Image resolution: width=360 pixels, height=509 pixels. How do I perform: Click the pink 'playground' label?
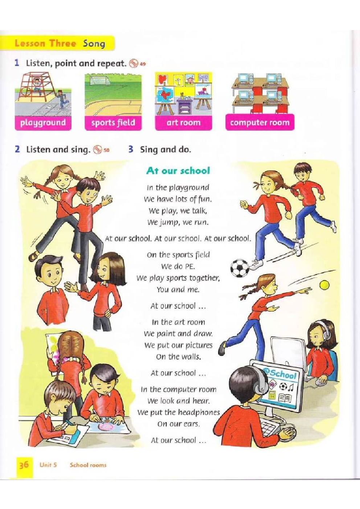pos(43,123)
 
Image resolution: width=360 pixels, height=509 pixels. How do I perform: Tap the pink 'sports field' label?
pos(113,123)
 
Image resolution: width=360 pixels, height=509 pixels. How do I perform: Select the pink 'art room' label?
pos(184,123)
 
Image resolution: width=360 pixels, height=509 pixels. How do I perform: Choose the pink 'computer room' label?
pos(260,123)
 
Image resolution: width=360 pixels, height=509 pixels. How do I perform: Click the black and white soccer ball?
pos(240,268)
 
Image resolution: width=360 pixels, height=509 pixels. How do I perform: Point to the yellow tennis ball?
pos(324,285)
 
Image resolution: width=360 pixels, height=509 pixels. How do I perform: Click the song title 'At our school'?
pos(178,171)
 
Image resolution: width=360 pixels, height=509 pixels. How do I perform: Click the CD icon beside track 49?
pos(134,63)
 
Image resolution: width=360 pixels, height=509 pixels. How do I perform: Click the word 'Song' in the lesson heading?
pos(94,43)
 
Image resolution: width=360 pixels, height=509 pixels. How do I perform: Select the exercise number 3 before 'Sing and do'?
pos(131,149)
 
